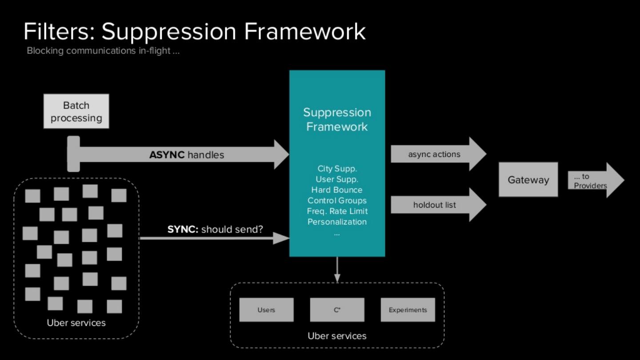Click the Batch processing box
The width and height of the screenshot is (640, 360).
coord(76,112)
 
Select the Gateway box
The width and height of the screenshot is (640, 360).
coord(528,180)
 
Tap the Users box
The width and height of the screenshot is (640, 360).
coord(266,310)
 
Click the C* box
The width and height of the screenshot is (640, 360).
coord(337,310)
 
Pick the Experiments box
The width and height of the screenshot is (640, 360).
coord(408,310)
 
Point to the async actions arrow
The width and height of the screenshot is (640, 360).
coord(438,154)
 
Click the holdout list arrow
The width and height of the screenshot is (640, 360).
coord(438,205)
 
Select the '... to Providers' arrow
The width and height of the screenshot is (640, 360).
coord(596,180)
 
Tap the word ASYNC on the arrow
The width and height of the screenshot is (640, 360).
coord(167,155)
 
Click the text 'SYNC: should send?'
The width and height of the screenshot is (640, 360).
coord(215,229)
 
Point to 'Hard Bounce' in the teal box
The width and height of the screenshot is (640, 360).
coord(337,190)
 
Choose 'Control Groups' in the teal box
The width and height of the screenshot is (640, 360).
coord(337,200)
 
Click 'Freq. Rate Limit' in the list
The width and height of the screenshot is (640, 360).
coord(337,211)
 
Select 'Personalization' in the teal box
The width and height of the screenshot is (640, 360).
coord(337,222)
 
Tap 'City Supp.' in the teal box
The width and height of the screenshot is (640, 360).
coord(337,168)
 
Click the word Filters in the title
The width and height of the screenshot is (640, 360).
coord(59,32)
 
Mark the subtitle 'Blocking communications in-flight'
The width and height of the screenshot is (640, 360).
coord(103,51)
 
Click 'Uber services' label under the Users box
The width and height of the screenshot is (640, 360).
coord(337,336)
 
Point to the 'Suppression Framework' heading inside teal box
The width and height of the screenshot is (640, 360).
coord(337,120)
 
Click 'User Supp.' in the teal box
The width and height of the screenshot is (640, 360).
coord(337,179)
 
